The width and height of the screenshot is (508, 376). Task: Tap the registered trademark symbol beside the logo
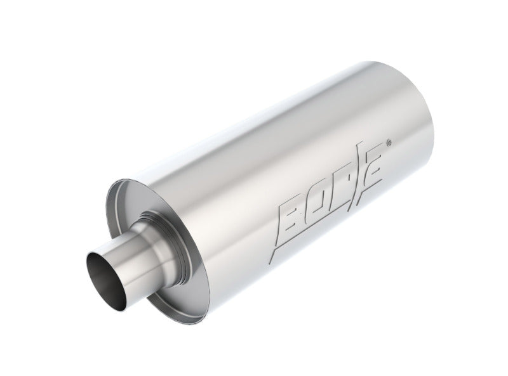[x=389, y=143]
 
